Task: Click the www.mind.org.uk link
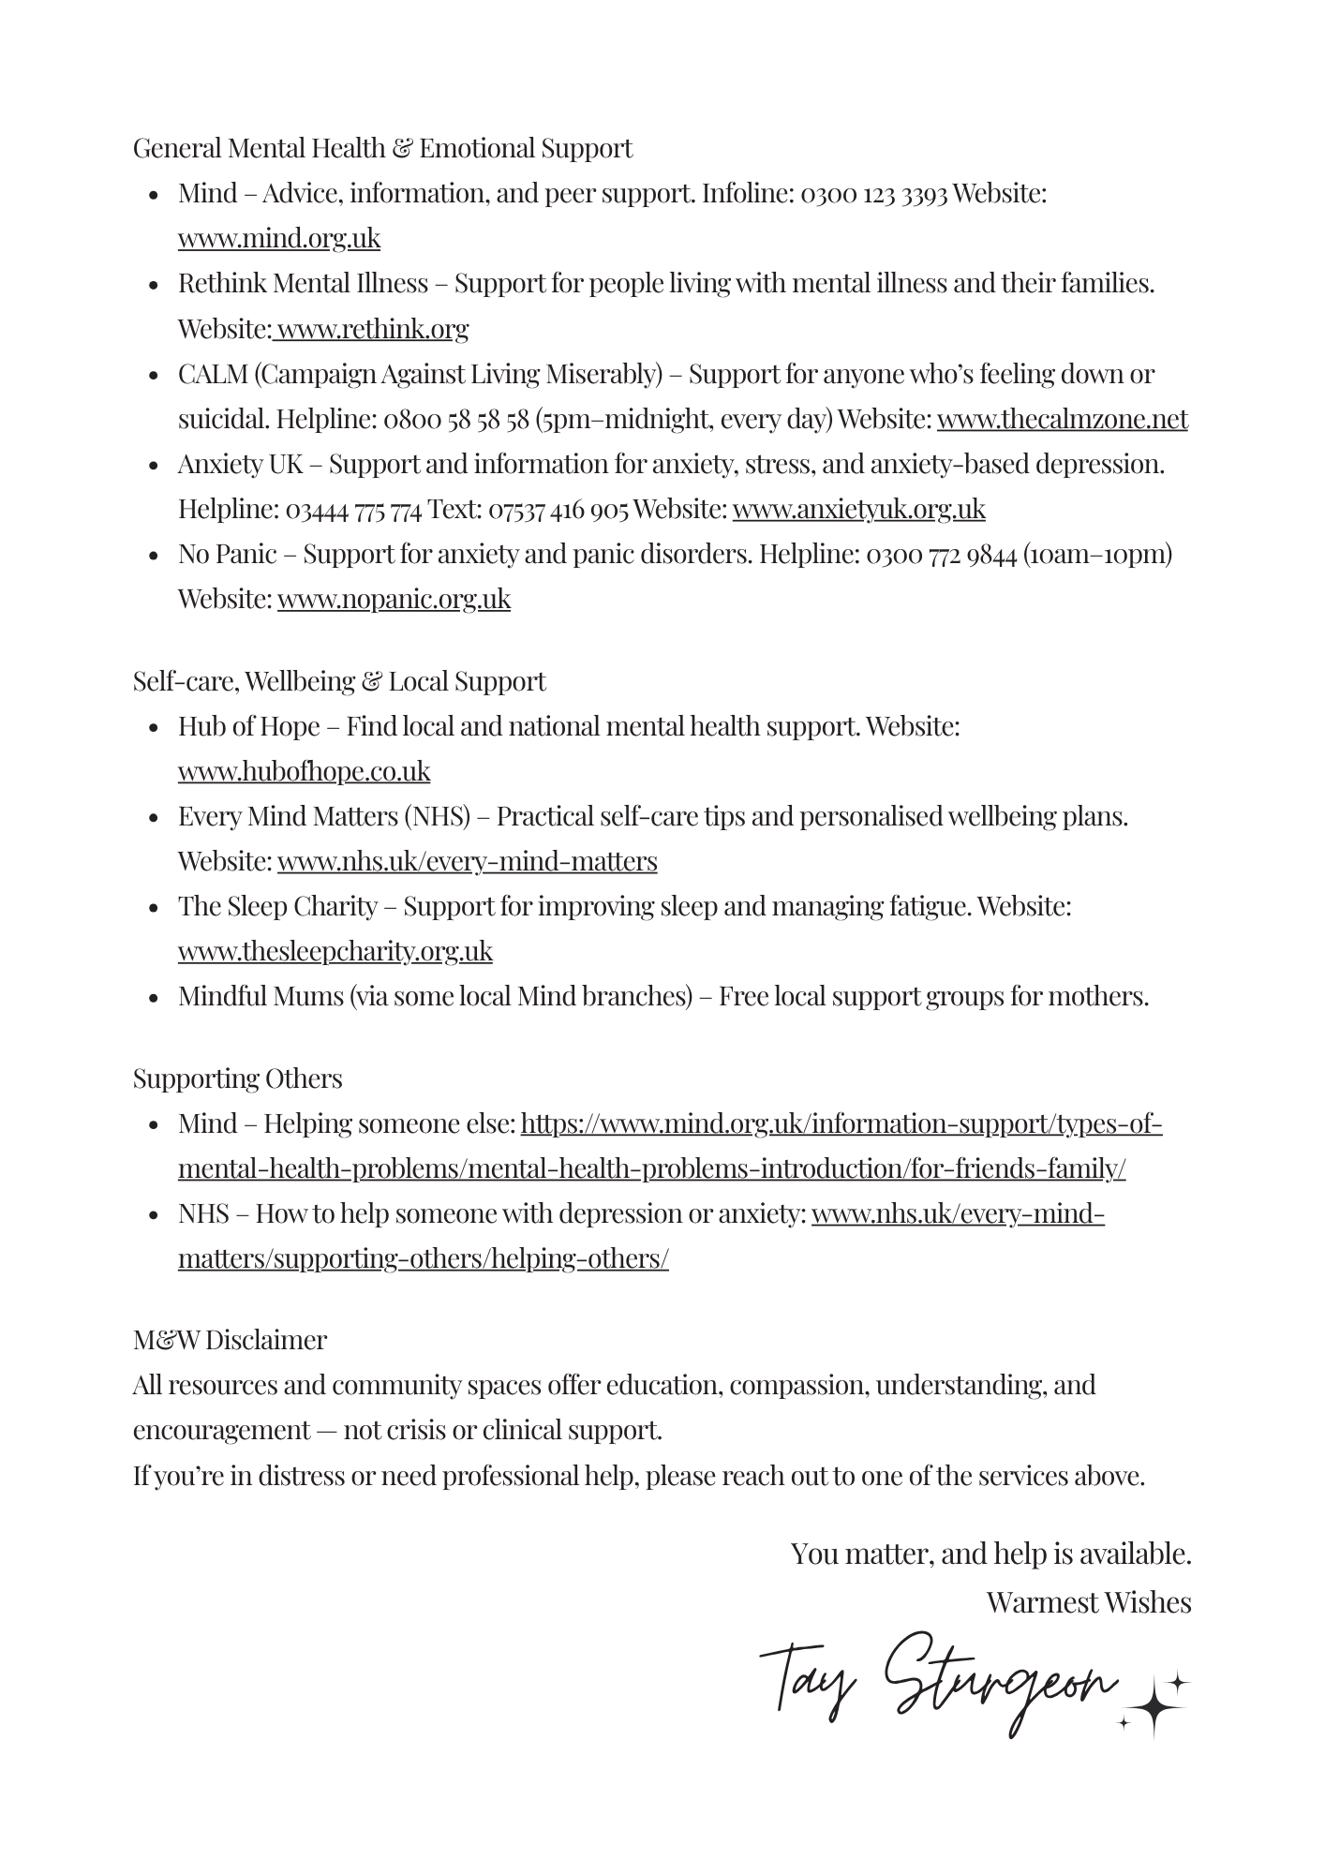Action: coord(279,239)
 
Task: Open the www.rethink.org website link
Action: coord(372,329)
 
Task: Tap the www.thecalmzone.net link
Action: coord(1062,419)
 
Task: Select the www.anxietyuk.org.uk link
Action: coord(858,509)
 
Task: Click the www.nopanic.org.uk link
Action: coord(394,599)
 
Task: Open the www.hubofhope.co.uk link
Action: coord(304,771)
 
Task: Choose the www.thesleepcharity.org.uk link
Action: coord(335,951)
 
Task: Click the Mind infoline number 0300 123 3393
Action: coord(873,194)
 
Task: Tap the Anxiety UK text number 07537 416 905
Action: coord(558,509)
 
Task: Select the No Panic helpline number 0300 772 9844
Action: coord(941,554)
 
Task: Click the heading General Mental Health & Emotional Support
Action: coord(382,148)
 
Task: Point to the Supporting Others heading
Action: coord(237,1078)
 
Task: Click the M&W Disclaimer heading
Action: coord(230,1340)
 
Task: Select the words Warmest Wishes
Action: coord(1088,1602)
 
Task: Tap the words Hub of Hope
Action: coord(249,726)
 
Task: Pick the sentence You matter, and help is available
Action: coord(990,1554)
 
